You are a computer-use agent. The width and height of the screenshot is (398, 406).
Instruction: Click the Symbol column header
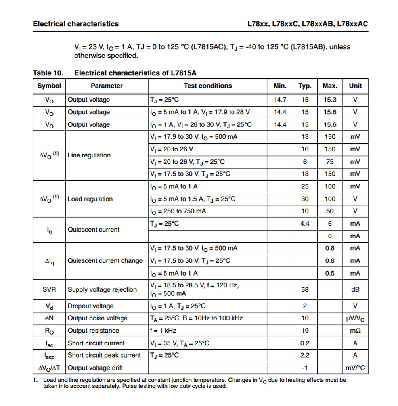point(49,86)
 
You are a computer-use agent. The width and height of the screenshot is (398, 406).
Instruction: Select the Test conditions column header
point(207,86)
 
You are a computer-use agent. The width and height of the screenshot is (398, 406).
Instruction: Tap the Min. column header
point(280,86)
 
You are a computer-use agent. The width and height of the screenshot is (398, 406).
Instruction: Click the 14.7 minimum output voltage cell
point(280,100)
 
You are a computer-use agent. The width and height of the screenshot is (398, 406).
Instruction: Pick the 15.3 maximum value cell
point(330,100)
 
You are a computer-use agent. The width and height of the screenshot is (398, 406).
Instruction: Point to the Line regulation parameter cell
point(89,155)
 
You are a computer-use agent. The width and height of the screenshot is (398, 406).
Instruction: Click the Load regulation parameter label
point(90,199)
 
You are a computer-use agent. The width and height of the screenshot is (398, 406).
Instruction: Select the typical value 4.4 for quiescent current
point(305,224)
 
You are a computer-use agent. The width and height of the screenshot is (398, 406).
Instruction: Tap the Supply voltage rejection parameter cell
point(102,290)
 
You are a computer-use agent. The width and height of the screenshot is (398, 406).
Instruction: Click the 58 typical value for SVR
point(305,290)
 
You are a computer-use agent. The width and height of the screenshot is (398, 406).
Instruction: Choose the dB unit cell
point(355,290)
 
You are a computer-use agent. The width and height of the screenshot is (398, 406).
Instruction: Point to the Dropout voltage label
point(90,306)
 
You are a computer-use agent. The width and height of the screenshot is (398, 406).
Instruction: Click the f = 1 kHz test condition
point(163,331)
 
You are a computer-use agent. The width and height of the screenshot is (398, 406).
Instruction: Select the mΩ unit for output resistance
point(355,331)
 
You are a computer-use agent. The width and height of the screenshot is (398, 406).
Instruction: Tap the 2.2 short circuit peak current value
point(305,355)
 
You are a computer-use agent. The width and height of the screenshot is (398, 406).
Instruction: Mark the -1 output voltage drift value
point(305,368)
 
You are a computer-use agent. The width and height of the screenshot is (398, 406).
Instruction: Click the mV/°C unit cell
point(355,368)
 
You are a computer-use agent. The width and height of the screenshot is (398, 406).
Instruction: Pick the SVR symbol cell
point(49,290)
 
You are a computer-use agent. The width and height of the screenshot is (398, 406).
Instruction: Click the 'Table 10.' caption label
point(48,73)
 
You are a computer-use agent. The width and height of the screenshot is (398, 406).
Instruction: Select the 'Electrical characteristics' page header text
point(76,24)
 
